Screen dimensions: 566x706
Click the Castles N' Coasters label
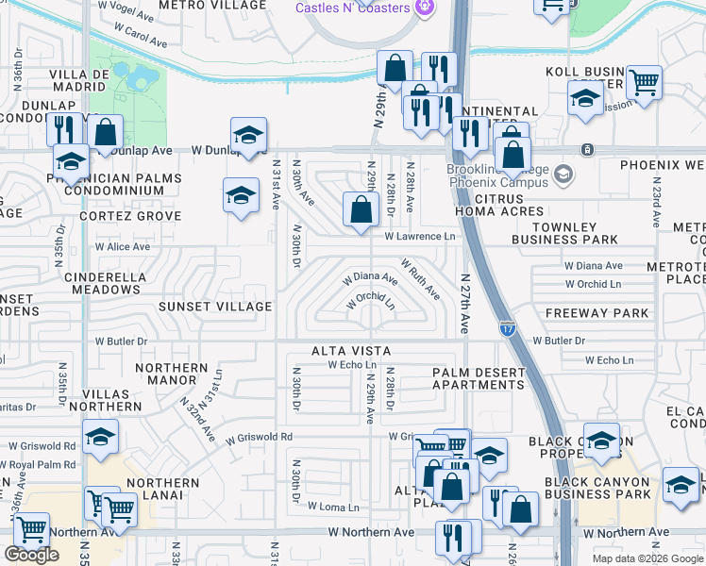click(x=352, y=8)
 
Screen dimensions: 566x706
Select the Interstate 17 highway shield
click(x=508, y=327)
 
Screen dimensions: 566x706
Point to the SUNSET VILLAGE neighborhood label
click(x=215, y=307)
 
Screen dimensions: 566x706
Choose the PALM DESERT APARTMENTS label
click(x=478, y=378)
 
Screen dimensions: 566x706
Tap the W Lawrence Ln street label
click(x=420, y=237)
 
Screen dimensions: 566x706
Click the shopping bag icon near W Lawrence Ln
click(x=361, y=210)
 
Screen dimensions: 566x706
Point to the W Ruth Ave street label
click(x=420, y=278)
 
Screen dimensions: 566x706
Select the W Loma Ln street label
click(x=333, y=507)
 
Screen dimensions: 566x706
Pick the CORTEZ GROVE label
click(x=130, y=216)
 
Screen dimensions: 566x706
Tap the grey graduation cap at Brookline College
click(x=563, y=174)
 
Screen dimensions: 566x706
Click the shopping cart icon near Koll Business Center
click(x=644, y=82)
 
